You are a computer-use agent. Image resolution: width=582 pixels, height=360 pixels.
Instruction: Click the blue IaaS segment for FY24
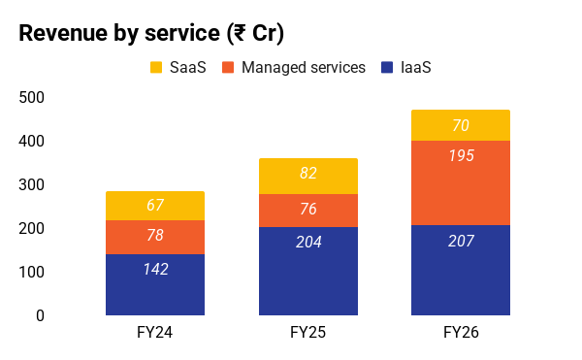click(x=155, y=284)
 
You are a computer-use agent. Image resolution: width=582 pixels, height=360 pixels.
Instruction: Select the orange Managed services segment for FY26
click(x=461, y=183)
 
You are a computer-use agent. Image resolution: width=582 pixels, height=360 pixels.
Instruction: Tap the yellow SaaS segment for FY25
click(x=308, y=177)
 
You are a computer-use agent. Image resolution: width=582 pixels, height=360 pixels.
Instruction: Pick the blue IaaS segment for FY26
click(x=461, y=270)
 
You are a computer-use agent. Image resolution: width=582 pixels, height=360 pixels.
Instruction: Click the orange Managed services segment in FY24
click(x=155, y=237)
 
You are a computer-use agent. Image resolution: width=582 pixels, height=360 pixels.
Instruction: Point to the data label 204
click(x=308, y=242)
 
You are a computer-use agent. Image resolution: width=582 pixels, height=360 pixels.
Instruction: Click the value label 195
click(x=461, y=155)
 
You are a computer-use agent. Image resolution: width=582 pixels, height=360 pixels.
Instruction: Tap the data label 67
click(x=155, y=205)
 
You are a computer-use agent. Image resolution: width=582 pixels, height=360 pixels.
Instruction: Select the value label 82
click(x=308, y=173)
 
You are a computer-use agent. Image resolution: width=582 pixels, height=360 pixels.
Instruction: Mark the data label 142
click(x=156, y=269)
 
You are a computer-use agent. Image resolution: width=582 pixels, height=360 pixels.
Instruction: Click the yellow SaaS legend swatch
click(x=156, y=68)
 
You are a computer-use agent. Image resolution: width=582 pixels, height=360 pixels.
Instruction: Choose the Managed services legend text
click(x=304, y=68)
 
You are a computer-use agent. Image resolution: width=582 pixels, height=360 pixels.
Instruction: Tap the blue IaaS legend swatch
click(x=387, y=68)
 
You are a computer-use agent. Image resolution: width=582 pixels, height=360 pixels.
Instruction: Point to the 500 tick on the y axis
click(x=32, y=98)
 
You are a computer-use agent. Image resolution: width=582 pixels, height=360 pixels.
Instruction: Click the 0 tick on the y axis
click(x=40, y=315)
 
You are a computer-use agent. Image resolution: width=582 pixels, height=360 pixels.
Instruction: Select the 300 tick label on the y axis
click(x=32, y=184)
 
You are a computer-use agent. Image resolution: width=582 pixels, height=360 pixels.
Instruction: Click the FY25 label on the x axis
click(x=308, y=332)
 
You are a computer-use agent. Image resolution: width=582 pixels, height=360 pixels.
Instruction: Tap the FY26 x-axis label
click(x=461, y=332)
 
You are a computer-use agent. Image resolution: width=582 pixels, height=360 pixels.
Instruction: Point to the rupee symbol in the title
click(x=241, y=33)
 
